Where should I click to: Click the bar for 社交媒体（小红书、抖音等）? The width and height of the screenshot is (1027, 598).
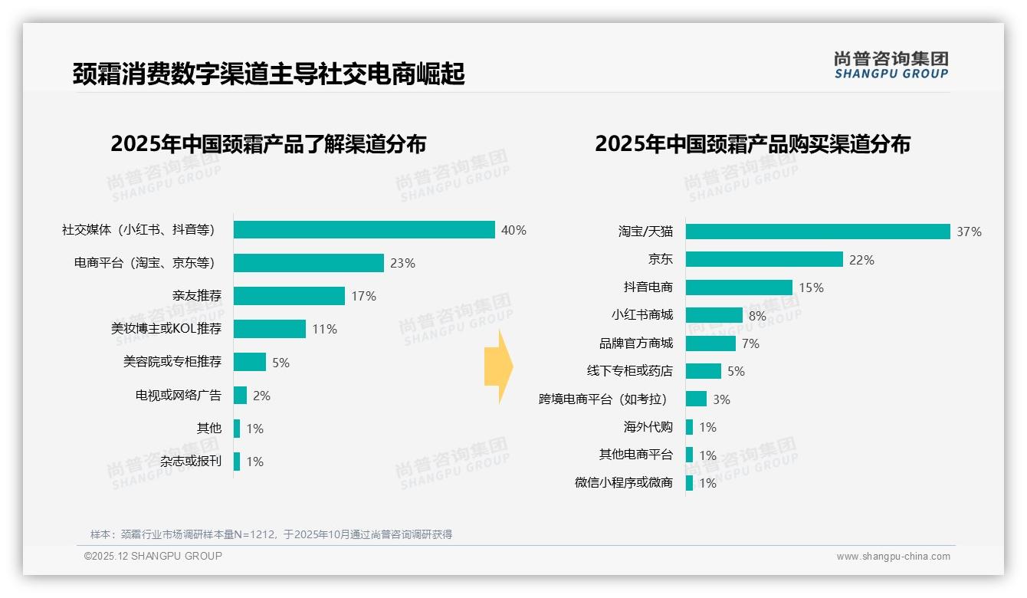pos(364,230)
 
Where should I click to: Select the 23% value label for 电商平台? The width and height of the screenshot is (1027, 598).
pos(402,263)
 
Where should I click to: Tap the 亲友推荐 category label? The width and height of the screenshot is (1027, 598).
pos(196,296)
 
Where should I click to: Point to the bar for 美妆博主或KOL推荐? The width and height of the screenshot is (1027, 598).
pos(270,329)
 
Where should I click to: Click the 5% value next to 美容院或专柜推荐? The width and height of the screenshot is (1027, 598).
pos(281,363)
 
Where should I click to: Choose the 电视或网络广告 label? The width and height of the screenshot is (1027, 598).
pos(178,396)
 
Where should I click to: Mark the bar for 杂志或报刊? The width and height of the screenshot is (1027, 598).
pos(237,462)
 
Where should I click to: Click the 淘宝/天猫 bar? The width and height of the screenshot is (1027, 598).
pos(818,232)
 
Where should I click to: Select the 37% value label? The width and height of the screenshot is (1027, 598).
pos(969,232)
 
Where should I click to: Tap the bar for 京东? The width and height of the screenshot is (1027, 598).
pos(764,260)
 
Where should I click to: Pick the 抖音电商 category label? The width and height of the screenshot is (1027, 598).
pos(648,287)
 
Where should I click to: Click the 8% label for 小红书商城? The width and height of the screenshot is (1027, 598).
pos(757,316)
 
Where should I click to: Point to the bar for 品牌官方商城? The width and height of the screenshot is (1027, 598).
pos(710,343)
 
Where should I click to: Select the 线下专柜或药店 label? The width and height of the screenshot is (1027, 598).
pos(629,371)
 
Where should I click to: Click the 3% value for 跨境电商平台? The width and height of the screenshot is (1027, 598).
pos(721,399)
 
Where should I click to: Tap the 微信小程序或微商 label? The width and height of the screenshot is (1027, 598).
pos(623,483)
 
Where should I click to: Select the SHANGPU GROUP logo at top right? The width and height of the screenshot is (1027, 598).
pos(891,65)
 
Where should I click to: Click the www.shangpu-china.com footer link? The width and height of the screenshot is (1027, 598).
pos(893,557)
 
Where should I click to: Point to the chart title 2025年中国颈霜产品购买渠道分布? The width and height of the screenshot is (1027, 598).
pos(752,144)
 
